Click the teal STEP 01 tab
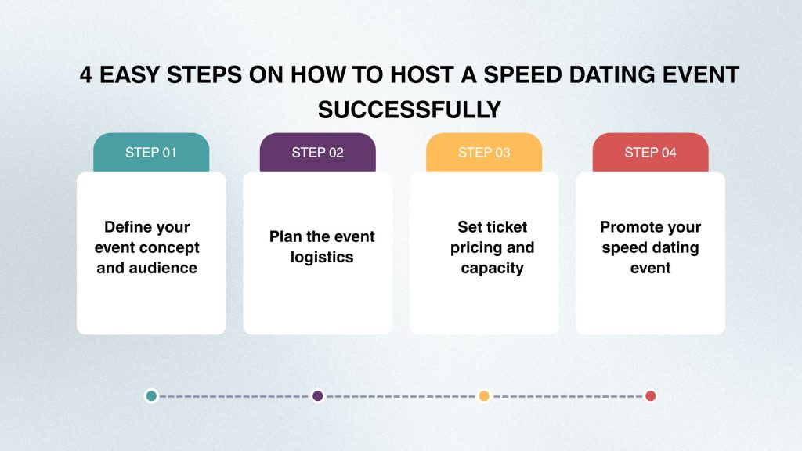(x=151, y=153)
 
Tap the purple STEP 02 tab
(x=318, y=153)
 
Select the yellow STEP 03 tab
(x=484, y=153)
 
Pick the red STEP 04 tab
(x=650, y=153)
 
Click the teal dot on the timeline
(x=151, y=395)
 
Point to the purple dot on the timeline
(x=318, y=395)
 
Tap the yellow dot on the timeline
(x=484, y=395)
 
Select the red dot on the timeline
(x=651, y=395)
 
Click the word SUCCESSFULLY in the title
(x=409, y=110)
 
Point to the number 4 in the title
(x=86, y=74)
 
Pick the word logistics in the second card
(x=322, y=257)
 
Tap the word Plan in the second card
(x=285, y=236)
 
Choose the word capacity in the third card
(x=492, y=269)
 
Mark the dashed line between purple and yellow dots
(x=401, y=396)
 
